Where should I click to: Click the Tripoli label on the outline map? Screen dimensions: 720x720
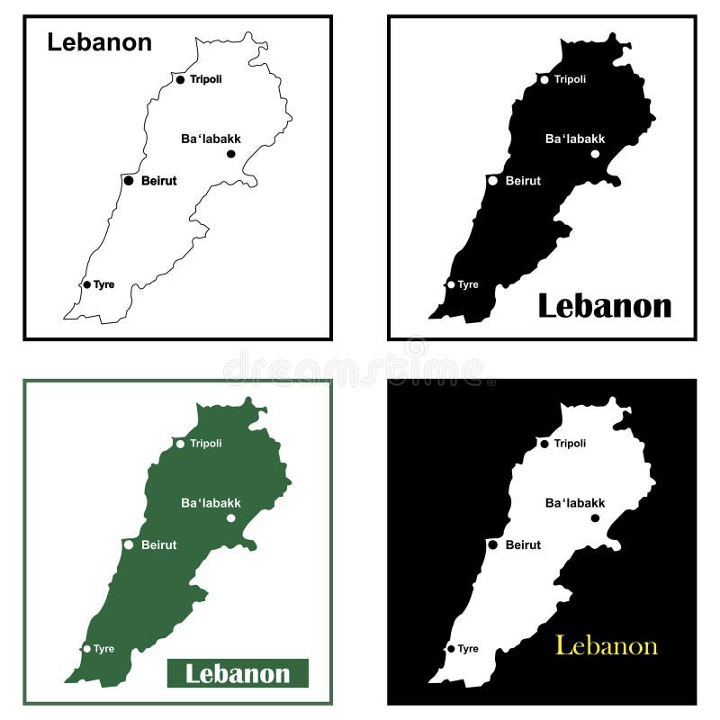point(205,79)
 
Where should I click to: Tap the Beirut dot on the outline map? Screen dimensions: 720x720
point(129,181)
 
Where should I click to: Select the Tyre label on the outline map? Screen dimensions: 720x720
point(103,284)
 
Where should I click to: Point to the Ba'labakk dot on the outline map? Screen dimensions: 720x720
point(230,154)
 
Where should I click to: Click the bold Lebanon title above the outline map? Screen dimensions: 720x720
point(99,42)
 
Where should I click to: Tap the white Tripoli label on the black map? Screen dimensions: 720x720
point(570,79)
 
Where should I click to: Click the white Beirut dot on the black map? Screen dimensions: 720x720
point(492,181)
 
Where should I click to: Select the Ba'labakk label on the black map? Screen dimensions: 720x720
point(575,139)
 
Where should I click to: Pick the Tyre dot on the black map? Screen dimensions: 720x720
point(451,284)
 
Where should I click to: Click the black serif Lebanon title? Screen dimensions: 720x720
point(604,306)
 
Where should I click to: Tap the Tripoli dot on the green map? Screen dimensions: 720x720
point(180,444)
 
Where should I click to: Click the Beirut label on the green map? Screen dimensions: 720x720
point(158,544)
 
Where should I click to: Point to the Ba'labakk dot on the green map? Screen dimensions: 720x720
point(230,517)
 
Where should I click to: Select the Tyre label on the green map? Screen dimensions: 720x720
point(103,648)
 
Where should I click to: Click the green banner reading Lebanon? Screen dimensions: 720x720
point(238,673)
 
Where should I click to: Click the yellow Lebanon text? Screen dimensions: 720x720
point(606,646)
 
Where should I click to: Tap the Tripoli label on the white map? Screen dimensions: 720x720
point(570,444)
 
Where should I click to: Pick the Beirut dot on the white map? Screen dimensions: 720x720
point(492,544)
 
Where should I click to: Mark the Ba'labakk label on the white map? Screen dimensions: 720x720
point(575,503)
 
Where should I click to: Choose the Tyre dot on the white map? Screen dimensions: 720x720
point(451,648)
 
